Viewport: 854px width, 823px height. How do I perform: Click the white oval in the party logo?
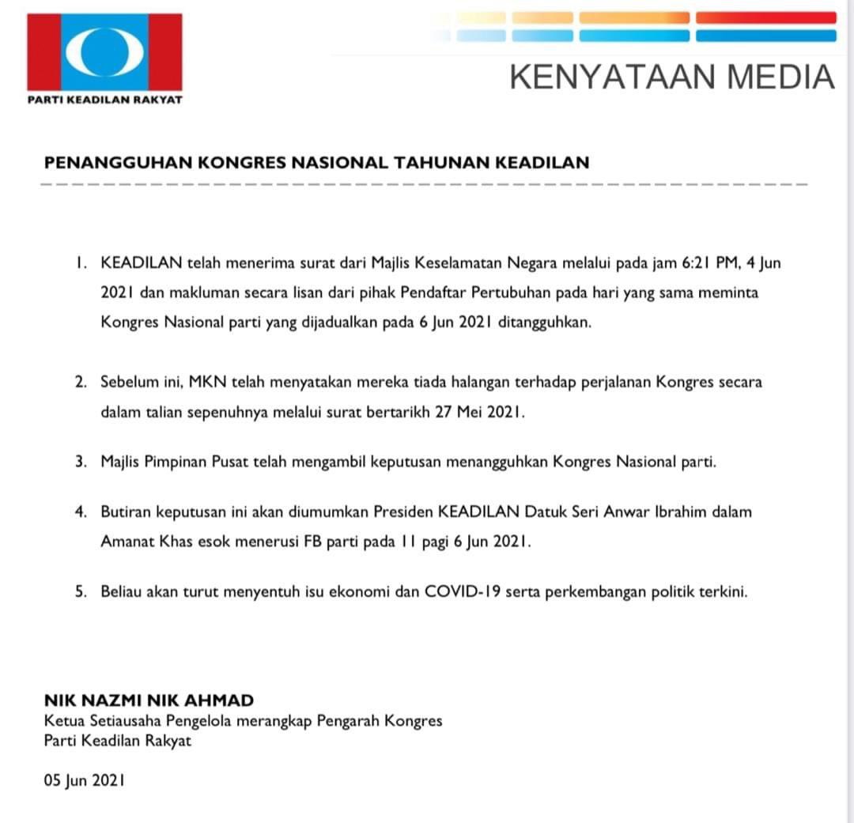(104, 51)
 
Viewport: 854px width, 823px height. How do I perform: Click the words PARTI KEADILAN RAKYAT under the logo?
(105, 100)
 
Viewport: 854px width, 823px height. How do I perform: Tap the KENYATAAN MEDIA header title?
(672, 77)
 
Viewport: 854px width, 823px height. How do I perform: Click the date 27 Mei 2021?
(480, 413)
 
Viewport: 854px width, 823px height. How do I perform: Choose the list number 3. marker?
(81, 462)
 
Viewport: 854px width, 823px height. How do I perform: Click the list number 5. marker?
(81, 591)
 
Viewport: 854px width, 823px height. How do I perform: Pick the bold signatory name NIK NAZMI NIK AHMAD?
(149, 700)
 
